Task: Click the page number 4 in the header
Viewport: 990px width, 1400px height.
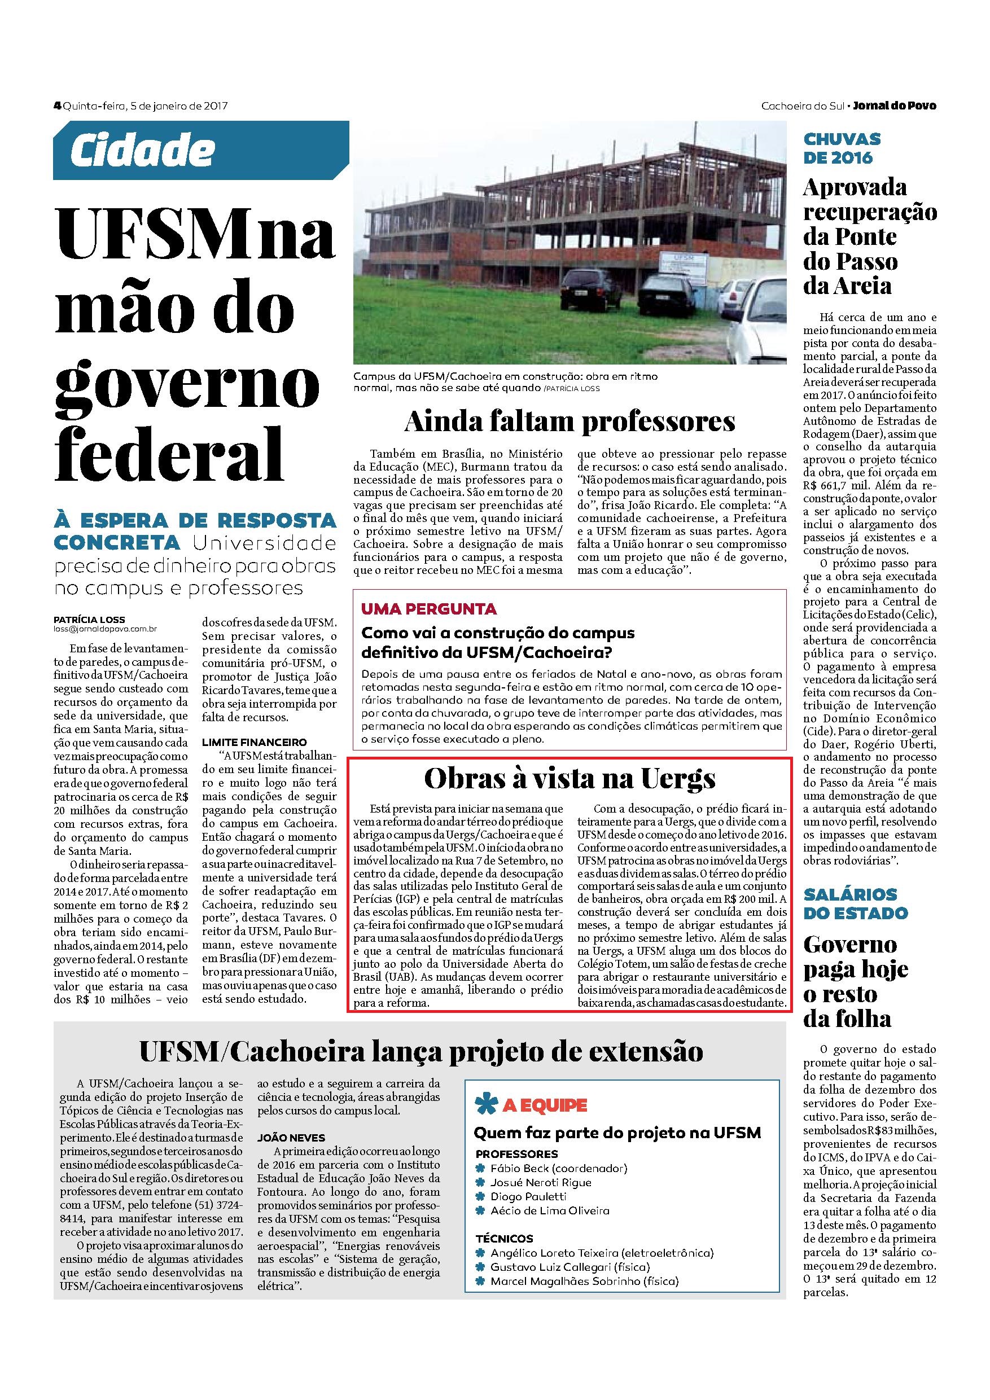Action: (58, 106)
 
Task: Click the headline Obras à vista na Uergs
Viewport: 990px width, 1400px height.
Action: (570, 779)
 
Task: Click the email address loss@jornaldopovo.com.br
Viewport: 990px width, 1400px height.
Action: (105, 629)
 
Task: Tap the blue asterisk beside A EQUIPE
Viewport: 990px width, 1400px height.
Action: (485, 1104)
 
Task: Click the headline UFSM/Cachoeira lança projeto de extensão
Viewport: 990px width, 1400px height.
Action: (421, 1051)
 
